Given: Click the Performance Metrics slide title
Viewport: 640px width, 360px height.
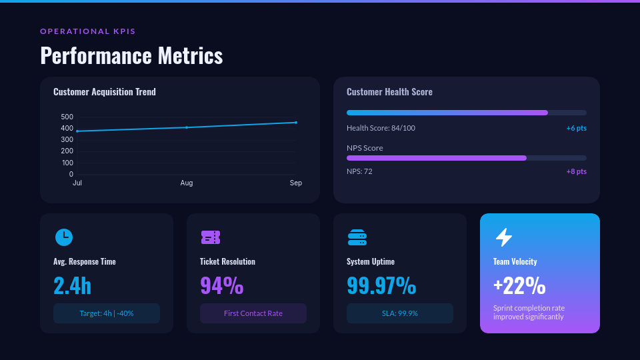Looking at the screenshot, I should click(131, 55).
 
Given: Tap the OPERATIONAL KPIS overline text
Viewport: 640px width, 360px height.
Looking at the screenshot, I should click(88, 31).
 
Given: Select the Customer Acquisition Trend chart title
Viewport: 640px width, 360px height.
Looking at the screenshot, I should click(105, 92).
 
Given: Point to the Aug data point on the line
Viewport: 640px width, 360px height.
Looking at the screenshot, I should click(187, 127).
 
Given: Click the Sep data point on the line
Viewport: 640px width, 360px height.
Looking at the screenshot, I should click(296, 123).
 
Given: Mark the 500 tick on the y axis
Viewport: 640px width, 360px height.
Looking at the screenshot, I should click(67, 117).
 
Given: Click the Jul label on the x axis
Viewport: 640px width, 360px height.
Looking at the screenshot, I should click(77, 183).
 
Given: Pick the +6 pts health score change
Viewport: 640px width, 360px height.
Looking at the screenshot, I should click(576, 128).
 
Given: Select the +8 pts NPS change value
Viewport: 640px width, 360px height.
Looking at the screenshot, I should click(576, 171).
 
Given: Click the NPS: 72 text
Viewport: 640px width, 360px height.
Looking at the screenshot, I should click(359, 171).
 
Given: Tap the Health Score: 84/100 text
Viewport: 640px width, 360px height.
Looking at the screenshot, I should click(381, 128).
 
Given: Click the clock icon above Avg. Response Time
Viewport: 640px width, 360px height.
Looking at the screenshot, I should click(63, 237).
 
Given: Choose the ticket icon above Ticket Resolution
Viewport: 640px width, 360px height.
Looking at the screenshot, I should click(210, 237).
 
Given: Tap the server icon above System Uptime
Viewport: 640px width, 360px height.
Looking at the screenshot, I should click(357, 237).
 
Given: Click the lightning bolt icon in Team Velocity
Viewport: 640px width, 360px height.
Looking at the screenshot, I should click(504, 237).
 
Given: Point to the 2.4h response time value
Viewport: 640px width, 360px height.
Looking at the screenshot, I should click(72, 285).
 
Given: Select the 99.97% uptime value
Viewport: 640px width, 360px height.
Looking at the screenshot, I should click(381, 285).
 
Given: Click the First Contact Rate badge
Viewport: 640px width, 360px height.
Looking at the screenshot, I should click(253, 313).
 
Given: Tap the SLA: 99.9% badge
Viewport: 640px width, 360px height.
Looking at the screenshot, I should click(400, 313).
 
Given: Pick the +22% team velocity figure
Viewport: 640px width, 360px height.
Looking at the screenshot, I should click(519, 285).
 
